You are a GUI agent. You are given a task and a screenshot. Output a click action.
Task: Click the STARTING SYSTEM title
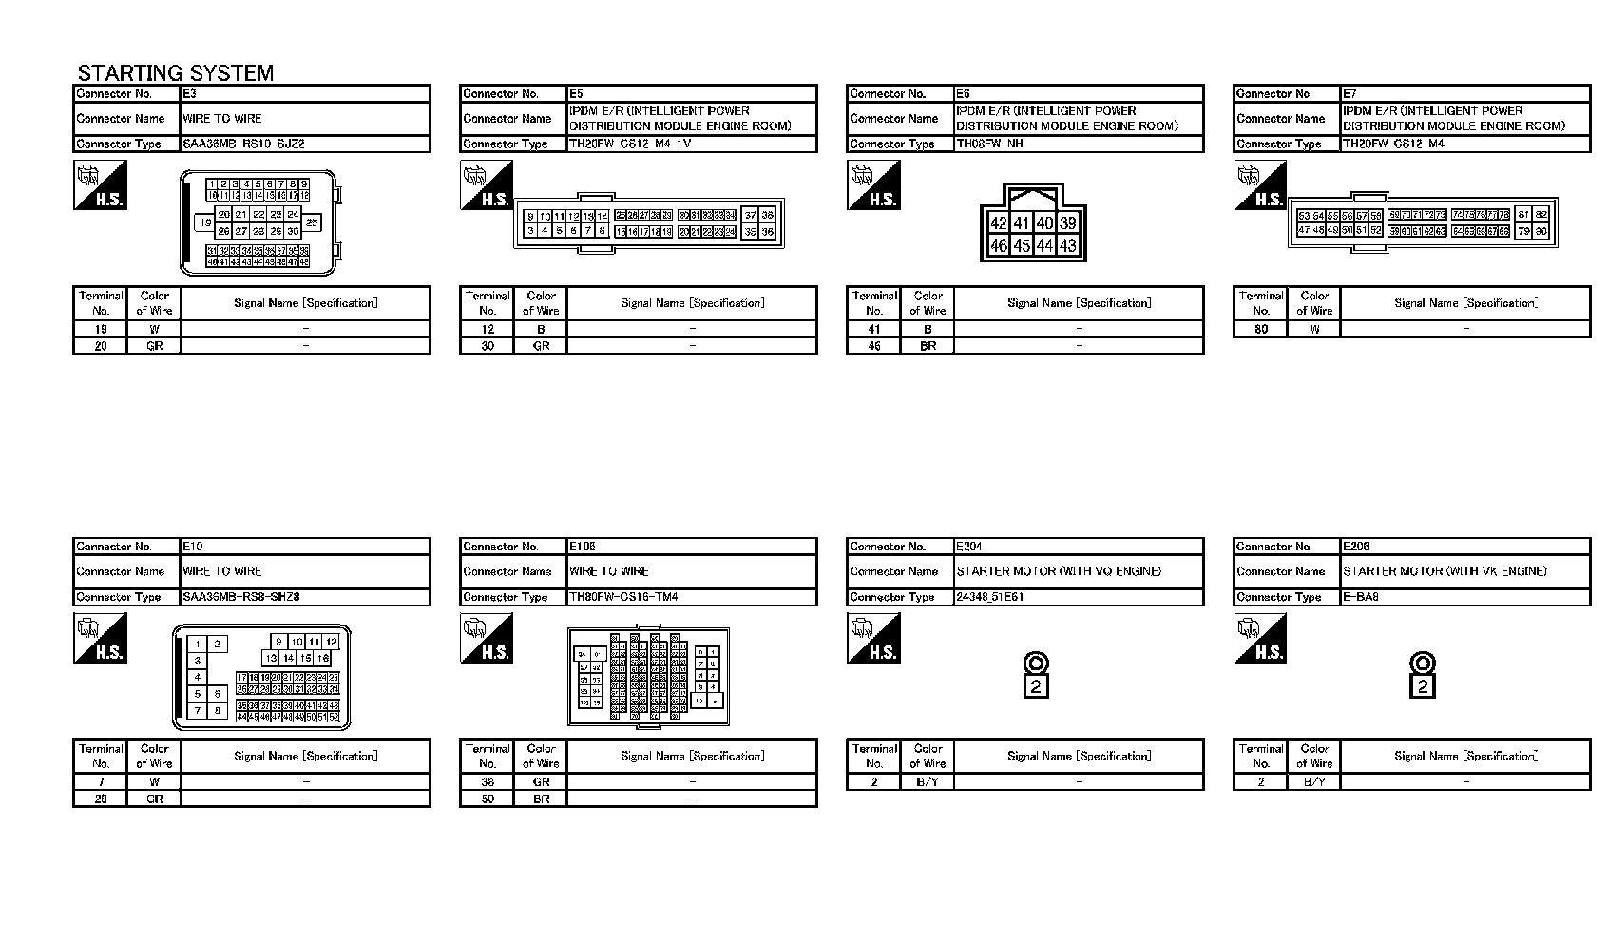point(176,73)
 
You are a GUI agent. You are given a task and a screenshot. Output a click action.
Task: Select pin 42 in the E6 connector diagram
point(998,223)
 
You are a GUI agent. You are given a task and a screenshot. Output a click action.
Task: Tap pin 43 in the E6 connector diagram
point(1067,245)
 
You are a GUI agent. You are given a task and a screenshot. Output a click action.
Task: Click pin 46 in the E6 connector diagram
point(998,245)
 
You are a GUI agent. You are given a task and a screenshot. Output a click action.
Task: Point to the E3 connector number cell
point(305,94)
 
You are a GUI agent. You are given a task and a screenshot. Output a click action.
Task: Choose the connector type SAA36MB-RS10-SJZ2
point(244,144)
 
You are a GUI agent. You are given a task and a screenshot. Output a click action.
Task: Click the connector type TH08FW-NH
point(989,144)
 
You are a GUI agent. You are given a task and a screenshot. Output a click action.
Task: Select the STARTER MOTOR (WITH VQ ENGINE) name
point(1059,571)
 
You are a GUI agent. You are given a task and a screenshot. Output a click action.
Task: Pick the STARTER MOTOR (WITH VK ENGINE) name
point(1445,571)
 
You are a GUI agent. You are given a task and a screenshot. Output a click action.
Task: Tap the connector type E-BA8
point(1361,598)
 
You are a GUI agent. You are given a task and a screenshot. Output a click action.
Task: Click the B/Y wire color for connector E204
point(928,782)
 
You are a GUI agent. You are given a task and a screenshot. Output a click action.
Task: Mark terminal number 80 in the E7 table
point(1261,330)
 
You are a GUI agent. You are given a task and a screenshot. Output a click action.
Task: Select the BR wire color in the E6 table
point(928,346)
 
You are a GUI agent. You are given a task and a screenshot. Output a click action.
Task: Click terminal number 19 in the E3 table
point(101,330)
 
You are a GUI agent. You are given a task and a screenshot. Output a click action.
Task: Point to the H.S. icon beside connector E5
point(487,184)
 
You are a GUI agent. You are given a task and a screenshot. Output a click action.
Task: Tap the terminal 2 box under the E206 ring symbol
point(1423,686)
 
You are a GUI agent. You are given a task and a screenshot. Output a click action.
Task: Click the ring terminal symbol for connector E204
point(1036,664)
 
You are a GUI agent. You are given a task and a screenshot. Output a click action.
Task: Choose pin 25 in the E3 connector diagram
point(312,222)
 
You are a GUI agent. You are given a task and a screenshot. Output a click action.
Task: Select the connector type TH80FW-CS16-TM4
point(623,598)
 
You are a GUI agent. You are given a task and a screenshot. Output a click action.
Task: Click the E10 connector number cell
point(305,547)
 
